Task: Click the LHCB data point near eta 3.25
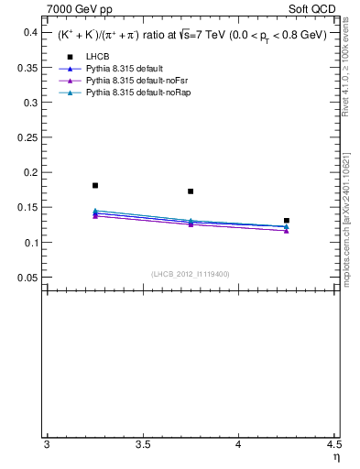pyautogui.click(x=95, y=185)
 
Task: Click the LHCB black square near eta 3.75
pyautogui.click(x=191, y=191)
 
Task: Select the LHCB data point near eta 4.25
pyautogui.click(x=287, y=221)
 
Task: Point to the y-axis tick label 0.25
pyautogui.click(x=27, y=137)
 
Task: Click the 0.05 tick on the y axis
pyautogui.click(x=27, y=278)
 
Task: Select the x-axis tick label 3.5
pyautogui.click(x=142, y=445)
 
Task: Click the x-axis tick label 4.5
pyautogui.click(x=333, y=445)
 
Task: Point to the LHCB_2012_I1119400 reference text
pyautogui.click(x=191, y=273)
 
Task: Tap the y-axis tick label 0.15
pyautogui.click(x=27, y=208)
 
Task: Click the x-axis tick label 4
pyautogui.click(x=238, y=445)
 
